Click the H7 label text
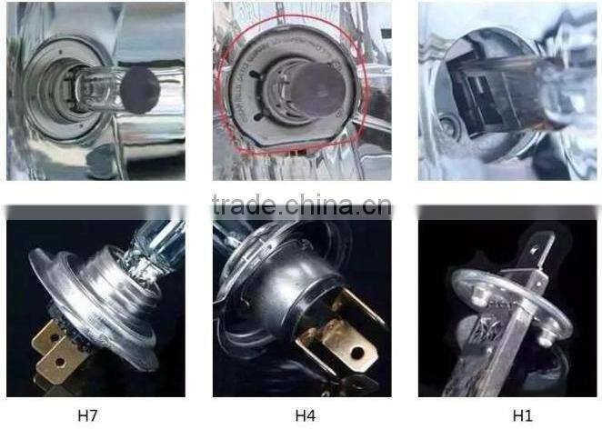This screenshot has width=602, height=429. click(88, 416)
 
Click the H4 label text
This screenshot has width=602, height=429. click(306, 416)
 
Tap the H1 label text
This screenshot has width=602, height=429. click(523, 416)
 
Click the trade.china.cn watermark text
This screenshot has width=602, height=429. click(302, 205)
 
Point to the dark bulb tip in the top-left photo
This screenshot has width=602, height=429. click(140, 90)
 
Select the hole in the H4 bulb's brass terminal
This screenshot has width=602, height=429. click(357, 353)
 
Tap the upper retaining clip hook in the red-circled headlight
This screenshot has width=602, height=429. click(255, 74)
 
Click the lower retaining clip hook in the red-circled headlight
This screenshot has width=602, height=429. click(258, 116)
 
